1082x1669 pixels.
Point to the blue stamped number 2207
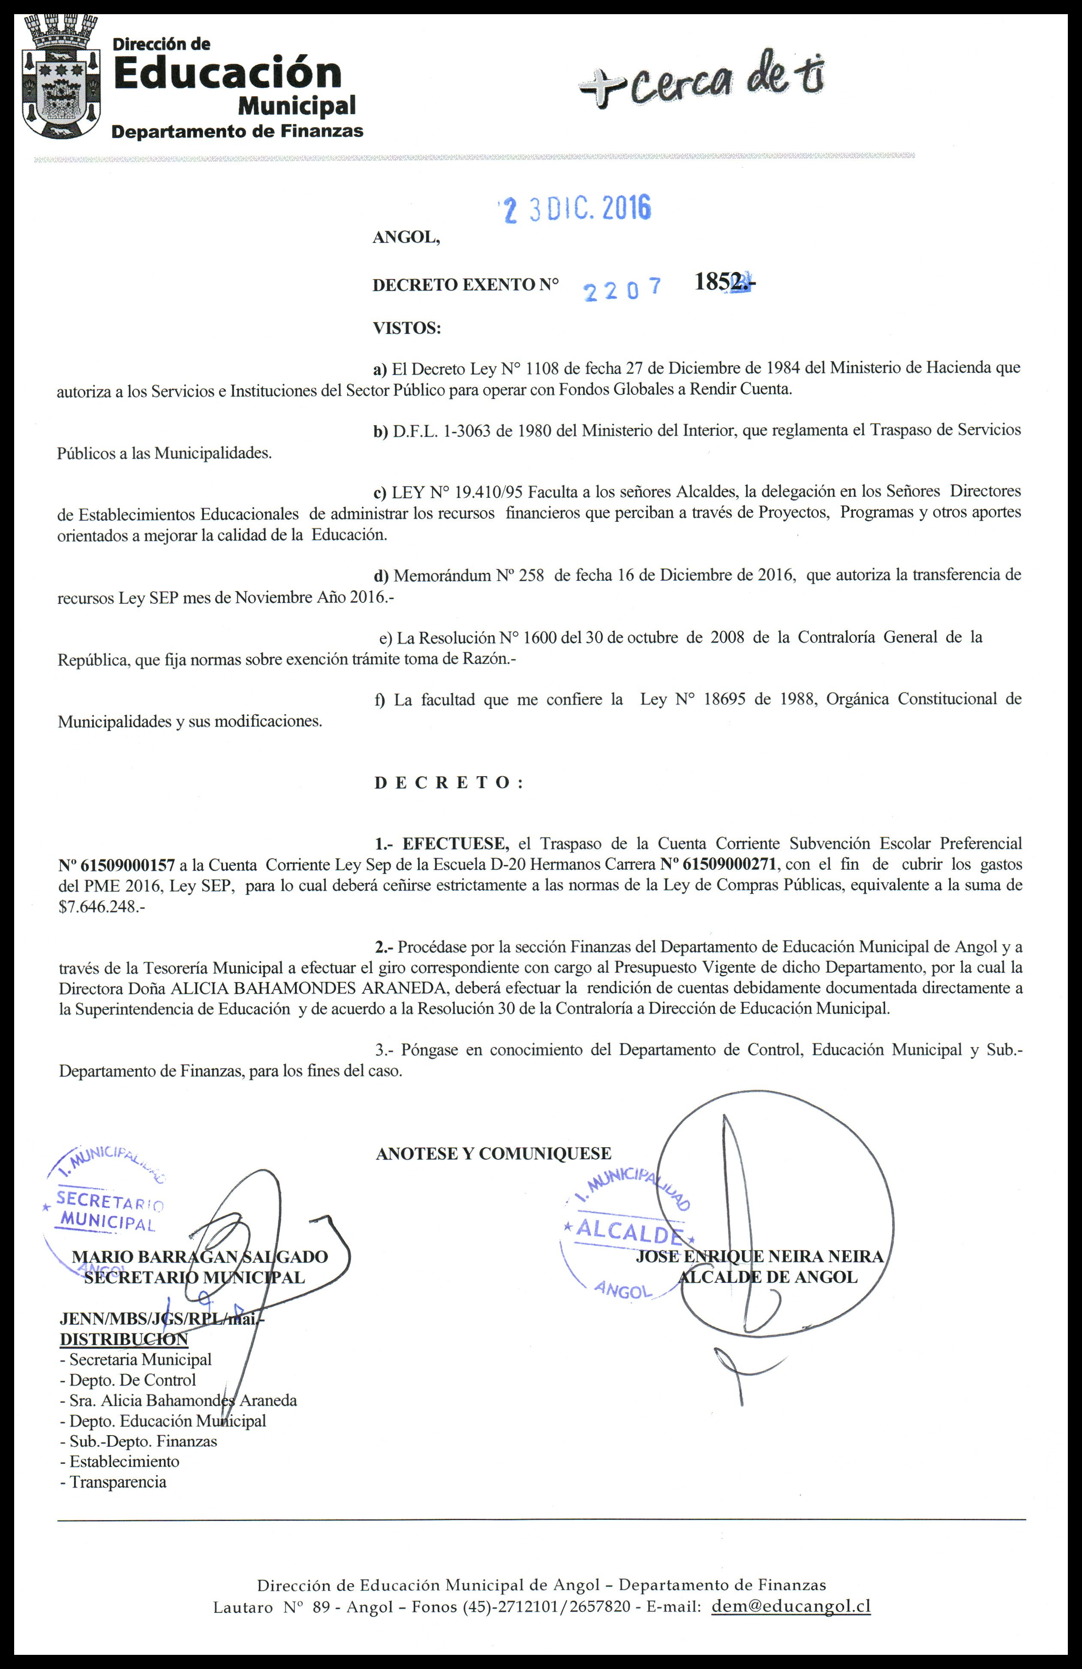coord(623,290)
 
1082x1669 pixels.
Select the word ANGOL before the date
coord(406,238)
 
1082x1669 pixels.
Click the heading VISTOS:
coord(406,328)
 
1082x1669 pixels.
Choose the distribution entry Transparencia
coord(118,1482)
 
